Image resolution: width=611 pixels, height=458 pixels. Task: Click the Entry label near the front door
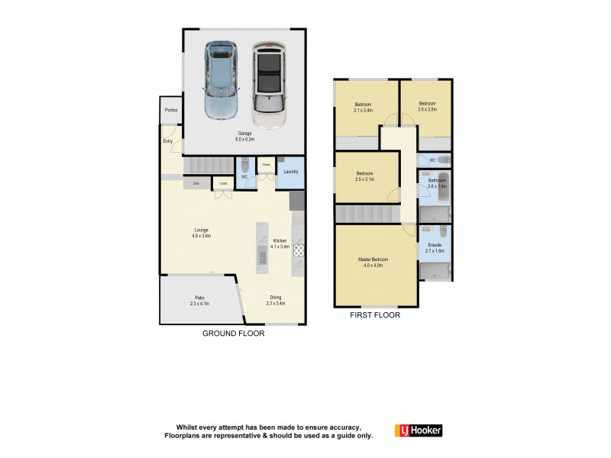point(167,141)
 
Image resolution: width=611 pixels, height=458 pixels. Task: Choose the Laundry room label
point(290,172)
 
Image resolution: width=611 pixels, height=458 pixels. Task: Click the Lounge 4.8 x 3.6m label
point(202,233)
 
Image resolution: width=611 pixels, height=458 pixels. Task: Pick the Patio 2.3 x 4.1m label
point(199,301)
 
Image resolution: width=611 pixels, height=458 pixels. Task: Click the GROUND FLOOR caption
point(233,334)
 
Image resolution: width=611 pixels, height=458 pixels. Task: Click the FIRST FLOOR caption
point(374,314)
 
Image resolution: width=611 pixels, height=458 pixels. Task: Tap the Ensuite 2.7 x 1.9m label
point(435,247)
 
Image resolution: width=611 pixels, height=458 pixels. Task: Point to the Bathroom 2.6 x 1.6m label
point(436,183)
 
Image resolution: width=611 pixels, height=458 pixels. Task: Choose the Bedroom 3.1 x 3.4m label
point(363,107)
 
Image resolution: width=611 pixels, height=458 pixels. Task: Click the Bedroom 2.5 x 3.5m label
point(427,106)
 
